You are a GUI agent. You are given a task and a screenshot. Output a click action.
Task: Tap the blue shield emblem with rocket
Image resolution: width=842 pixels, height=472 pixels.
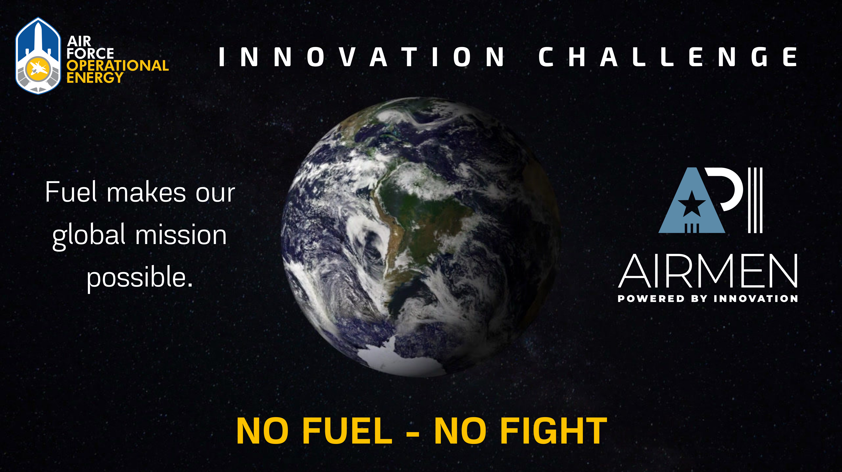click(x=38, y=56)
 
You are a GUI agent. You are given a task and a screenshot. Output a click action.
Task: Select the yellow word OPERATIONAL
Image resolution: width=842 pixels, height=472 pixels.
click(x=118, y=66)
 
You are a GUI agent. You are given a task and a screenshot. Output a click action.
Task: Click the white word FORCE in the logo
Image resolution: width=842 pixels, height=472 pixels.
click(x=90, y=53)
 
